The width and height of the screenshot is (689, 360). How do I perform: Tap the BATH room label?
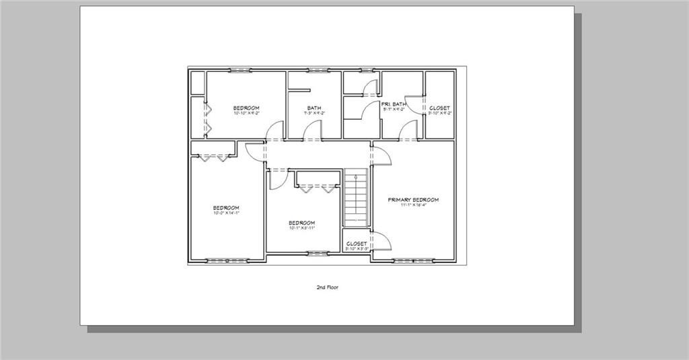click(314, 108)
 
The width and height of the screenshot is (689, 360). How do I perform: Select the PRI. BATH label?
click(394, 104)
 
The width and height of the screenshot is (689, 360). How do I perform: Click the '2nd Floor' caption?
click(327, 287)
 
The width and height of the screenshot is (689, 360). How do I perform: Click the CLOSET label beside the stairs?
click(356, 243)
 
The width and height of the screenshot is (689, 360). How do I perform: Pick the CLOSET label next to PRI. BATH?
click(439, 108)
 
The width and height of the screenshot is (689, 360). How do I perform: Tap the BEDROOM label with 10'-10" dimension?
click(246, 108)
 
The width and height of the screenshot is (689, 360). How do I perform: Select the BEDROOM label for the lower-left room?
click(226, 207)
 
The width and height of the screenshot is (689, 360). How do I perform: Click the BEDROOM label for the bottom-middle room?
click(301, 223)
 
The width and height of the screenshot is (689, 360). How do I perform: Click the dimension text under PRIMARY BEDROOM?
click(413, 205)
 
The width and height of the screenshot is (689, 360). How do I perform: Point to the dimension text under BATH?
click(314, 113)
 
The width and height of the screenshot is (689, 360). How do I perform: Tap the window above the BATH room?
click(317, 69)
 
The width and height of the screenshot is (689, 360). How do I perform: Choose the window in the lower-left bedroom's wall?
click(221, 260)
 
